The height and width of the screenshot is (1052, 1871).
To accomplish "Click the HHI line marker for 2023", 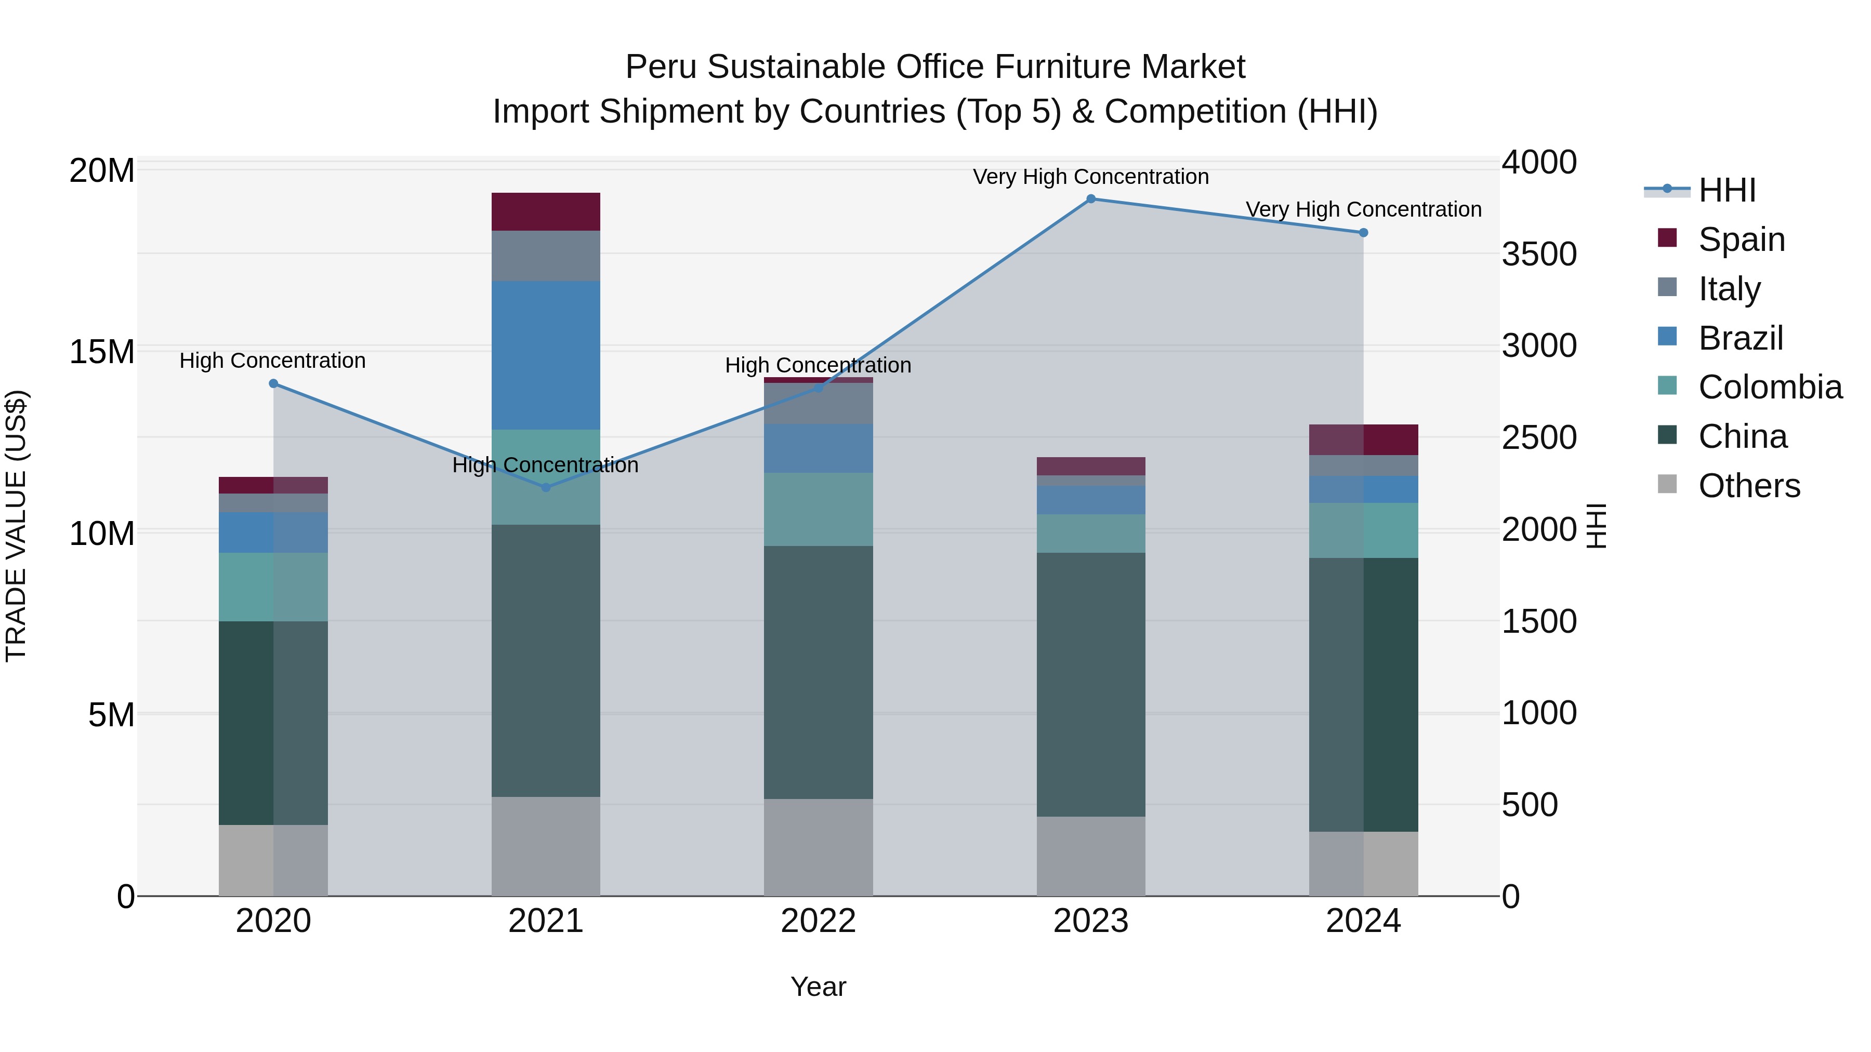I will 1090,199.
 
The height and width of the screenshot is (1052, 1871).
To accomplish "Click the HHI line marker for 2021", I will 546,487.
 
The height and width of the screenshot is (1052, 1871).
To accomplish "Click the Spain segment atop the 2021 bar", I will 546,211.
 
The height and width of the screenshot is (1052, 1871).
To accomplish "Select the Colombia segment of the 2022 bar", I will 818,509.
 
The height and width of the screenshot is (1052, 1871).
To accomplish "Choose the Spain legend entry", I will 1741,239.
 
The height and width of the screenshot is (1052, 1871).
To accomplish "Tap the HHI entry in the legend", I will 1727,190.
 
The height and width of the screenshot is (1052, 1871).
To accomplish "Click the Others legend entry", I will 1749,486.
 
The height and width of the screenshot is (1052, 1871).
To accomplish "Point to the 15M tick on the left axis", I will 102,352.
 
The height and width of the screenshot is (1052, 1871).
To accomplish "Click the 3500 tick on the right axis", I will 1539,254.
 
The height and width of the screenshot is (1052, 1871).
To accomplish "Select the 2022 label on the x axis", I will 818,921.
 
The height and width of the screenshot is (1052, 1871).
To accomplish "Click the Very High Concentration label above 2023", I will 1090,177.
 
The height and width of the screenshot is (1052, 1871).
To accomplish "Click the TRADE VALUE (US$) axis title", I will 16,526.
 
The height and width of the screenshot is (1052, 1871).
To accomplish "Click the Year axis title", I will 818,987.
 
